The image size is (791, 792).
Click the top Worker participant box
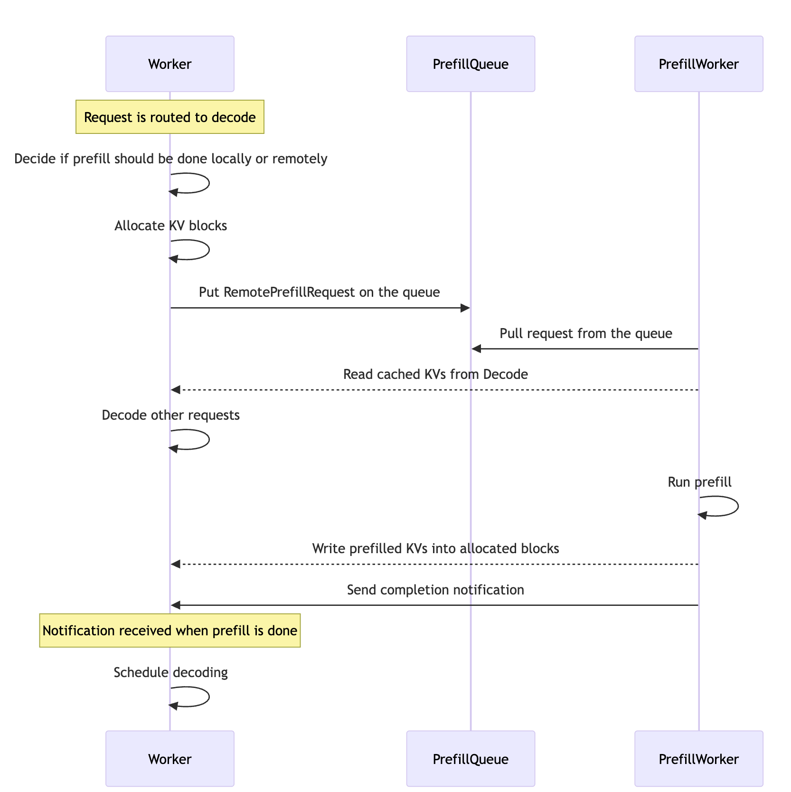pos(169,64)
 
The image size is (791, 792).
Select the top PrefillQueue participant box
pos(470,64)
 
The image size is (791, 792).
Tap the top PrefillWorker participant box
pos(698,64)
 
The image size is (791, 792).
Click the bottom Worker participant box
pos(169,759)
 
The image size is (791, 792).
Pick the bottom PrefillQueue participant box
pos(470,759)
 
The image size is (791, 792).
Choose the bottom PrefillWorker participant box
pos(698,759)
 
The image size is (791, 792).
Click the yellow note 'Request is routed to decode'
pos(169,117)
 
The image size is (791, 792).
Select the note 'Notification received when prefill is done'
pos(169,631)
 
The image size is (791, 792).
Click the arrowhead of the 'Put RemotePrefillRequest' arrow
pos(466,308)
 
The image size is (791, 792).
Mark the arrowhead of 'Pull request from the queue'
pos(476,349)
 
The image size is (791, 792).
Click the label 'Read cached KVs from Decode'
pos(435,374)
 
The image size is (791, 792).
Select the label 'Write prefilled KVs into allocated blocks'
pos(435,548)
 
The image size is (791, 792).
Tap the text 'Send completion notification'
pos(435,590)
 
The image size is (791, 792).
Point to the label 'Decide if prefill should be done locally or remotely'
pos(170,159)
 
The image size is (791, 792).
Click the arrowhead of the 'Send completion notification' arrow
pos(176,605)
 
